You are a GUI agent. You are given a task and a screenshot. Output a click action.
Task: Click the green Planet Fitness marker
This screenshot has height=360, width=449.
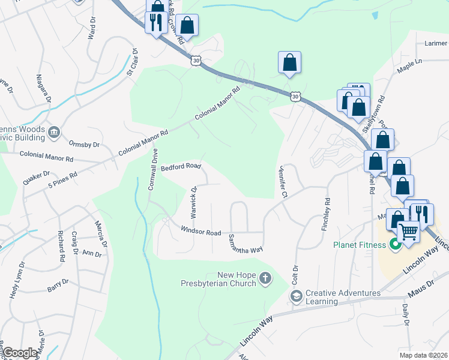pos(395,244)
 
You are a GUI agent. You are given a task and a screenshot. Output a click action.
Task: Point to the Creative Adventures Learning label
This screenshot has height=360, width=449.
pos(343,297)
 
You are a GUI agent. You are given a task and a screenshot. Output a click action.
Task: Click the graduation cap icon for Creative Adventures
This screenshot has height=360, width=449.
pos(296,296)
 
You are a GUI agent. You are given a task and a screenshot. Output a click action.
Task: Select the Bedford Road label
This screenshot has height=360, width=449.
pos(181,167)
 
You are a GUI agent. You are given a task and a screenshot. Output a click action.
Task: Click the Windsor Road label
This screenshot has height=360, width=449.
pos(200,231)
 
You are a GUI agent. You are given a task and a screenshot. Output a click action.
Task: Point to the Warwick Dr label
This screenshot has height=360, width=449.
pos(194,202)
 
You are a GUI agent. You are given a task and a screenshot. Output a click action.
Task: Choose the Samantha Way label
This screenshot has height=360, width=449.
pos(245,244)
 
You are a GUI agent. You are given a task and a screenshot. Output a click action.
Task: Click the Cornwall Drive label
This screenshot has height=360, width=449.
pos(154,169)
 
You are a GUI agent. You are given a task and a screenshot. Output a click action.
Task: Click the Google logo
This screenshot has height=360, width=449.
pos(20,353)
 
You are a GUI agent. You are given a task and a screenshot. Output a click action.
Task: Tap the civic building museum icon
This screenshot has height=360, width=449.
pos(54,132)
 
